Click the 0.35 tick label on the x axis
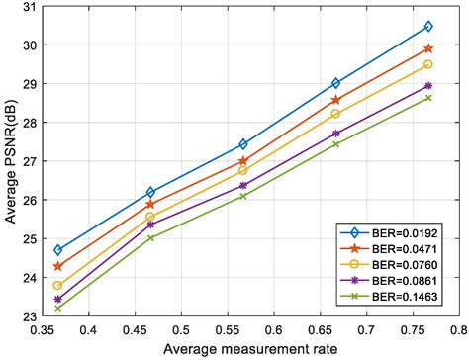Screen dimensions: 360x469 (x=41, y=329)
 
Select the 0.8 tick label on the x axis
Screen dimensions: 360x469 (x=458, y=329)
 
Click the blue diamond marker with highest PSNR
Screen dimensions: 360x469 (x=428, y=27)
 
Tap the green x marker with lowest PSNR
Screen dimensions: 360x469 (x=58, y=308)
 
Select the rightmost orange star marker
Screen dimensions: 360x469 (x=428, y=48)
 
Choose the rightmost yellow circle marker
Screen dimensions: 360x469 (x=428, y=64)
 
